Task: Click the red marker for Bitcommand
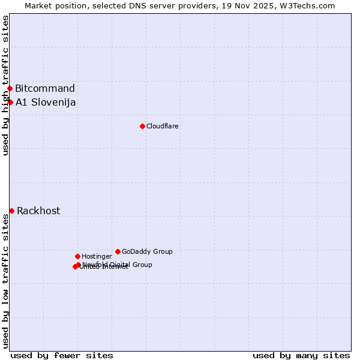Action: [10, 89]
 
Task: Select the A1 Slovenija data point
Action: [10, 102]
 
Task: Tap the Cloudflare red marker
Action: [142, 126]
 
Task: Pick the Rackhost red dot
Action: [11, 211]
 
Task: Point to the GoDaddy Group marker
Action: [118, 251]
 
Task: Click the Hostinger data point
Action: [77, 256]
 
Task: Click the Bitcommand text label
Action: [45, 89]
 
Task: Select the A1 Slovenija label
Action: [46, 102]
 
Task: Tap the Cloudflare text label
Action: [162, 126]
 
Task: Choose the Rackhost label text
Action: [38, 211]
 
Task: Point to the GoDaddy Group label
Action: [147, 251]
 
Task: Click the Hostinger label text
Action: [97, 256]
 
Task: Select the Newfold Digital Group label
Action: [117, 265]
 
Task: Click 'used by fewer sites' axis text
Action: [62, 355]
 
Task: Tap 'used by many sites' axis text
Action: [301, 355]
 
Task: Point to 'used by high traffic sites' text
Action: [5, 85]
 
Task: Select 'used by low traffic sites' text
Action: [5, 281]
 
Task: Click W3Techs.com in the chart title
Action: [310, 5]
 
